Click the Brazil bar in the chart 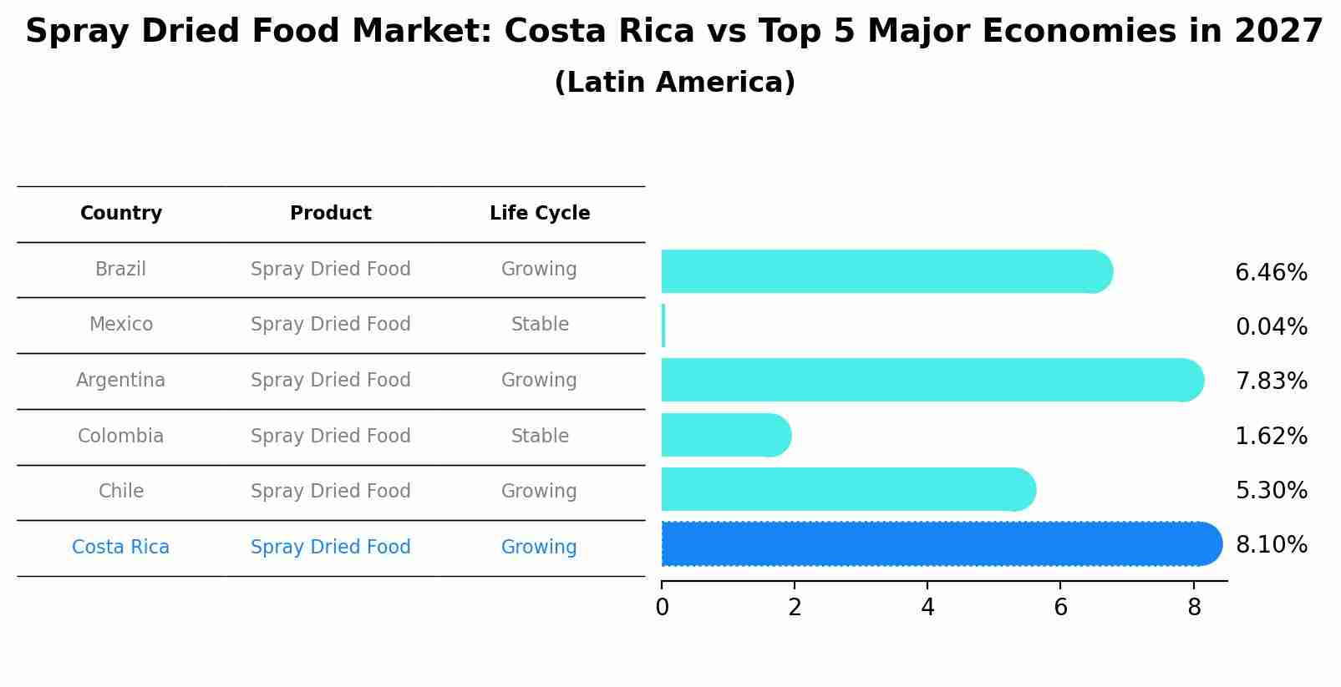click(x=886, y=271)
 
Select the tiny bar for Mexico click(x=663, y=326)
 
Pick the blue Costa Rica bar click(x=941, y=544)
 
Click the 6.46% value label click(x=1271, y=273)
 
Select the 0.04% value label click(x=1271, y=327)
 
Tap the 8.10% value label click(x=1271, y=545)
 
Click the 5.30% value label click(x=1271, y=491)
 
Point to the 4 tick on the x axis click(x=927, y=608)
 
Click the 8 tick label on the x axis click(x=1194, y=608)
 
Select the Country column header click(x=121, y=214)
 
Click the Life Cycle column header click(x=540, y=214)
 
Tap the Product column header click(x=331, y=214)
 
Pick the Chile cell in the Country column click(x=121, y=492)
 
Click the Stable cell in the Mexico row click(x=540, y=325)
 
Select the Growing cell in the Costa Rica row click(x=539, y=548)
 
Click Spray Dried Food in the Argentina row click(x=331, y=381)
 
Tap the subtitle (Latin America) click(x=674, y=83)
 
